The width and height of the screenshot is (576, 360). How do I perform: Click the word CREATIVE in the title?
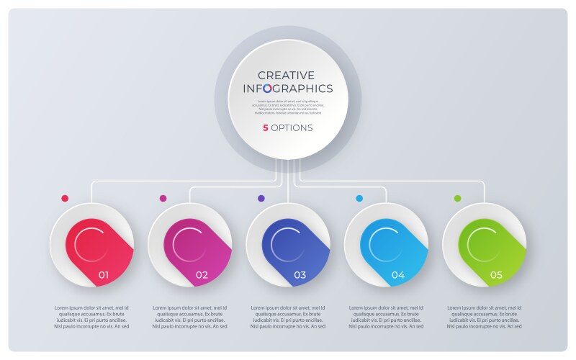click(x=287, y=75)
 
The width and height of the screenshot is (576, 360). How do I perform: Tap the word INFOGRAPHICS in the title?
click(x=288, y=89)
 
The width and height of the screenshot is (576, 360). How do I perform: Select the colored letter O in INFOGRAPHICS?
click(x=267, y=89)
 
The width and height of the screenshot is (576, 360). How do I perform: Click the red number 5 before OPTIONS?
click(x=265, y=128)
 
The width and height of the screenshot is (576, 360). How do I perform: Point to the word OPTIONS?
click(x=292, y=128)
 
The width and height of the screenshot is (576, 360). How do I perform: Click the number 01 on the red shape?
click(x=104, y=274)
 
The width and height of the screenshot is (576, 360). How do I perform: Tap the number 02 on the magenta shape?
click(x=202, y=274)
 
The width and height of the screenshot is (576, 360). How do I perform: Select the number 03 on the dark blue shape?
click(x=300, y=274)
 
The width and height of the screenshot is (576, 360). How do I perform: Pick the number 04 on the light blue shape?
click(x=398, y=274)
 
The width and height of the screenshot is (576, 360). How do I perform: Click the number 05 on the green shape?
click(x=496, y=274)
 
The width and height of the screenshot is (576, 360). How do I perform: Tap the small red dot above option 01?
click(x=65, y=198)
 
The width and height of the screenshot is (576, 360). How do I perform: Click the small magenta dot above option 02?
click(x=163, y=198)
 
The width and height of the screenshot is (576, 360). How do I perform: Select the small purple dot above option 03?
click(x=261, y=198)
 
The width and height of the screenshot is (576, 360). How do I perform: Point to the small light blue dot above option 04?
click(x=359, y=198)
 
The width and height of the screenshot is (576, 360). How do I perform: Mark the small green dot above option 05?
click(x=457, y=198)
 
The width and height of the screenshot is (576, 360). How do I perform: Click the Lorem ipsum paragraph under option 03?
click(x=288, y=317)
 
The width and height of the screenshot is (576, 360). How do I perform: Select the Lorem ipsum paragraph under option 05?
click(x=484, y=317)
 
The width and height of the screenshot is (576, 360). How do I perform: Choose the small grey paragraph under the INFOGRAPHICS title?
click(x=288, y=107)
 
